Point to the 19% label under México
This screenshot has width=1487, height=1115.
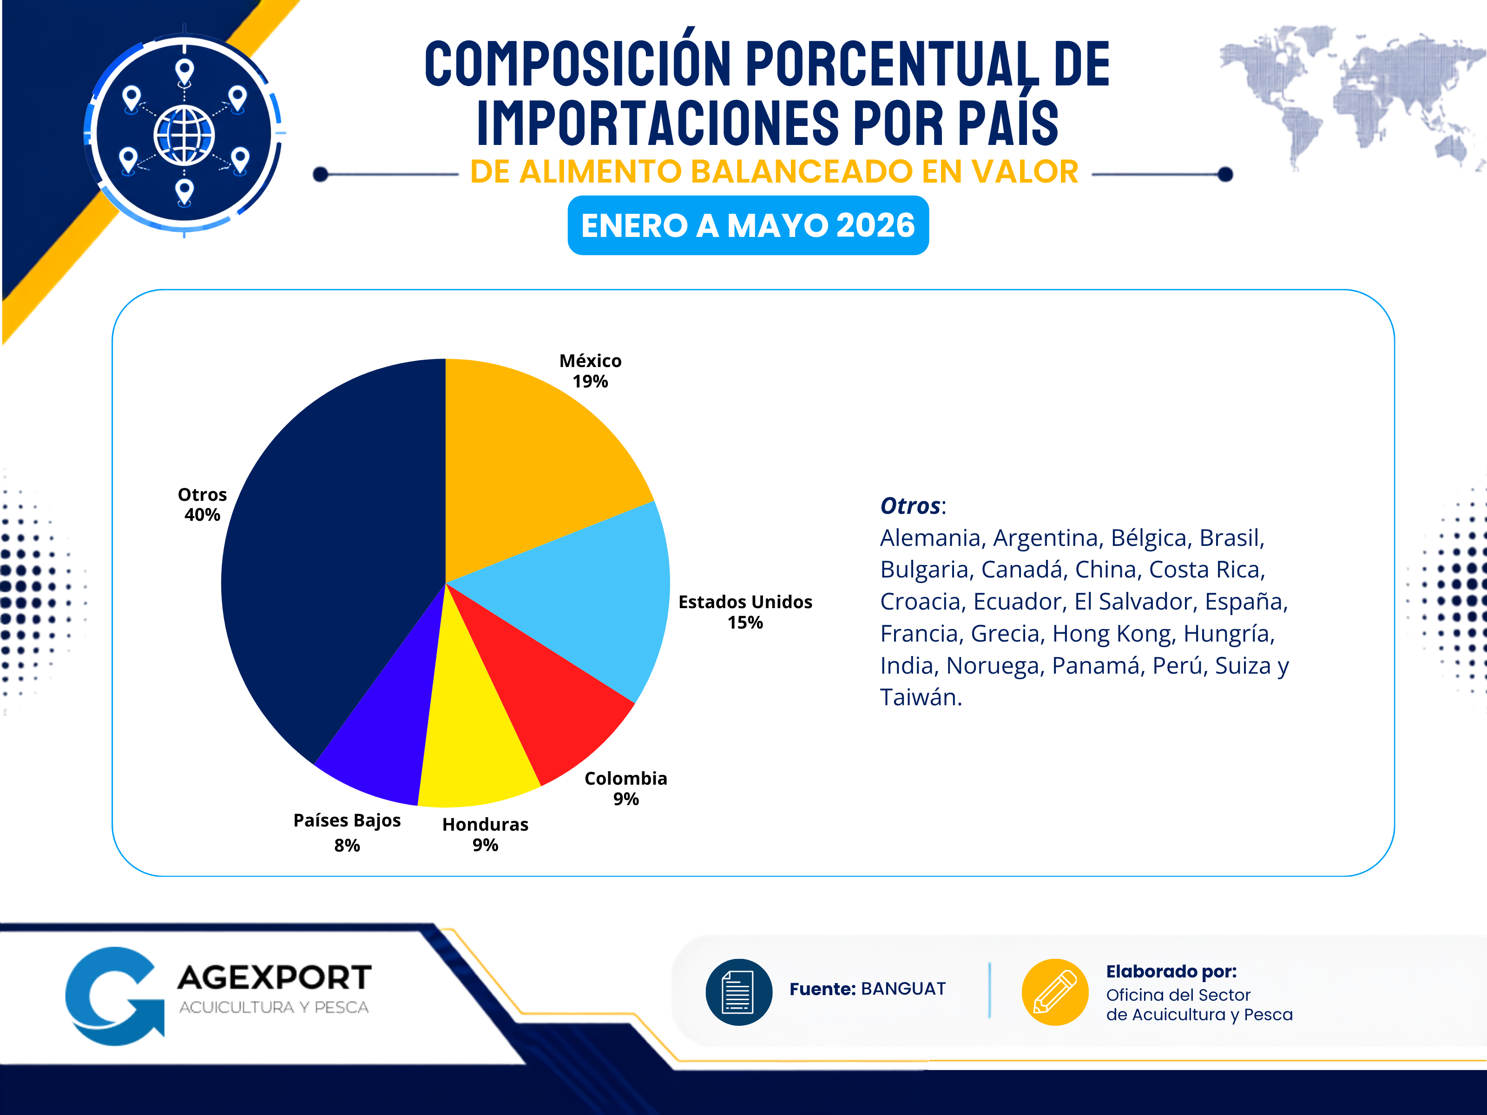click(x=590, y=382)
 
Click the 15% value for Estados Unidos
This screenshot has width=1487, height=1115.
click(x=745, y=623)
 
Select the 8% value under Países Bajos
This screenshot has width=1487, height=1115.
click(x=347, y=846)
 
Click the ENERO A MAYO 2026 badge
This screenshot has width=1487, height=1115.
click(x=748, y=225)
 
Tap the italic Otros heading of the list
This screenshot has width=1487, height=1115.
click(x=911, y=505)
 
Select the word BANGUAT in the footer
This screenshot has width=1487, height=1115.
click(x=903, y=989)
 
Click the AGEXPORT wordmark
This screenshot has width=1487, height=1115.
click(x=274, y=978)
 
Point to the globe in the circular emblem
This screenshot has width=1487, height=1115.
click(x=184, y=135)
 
